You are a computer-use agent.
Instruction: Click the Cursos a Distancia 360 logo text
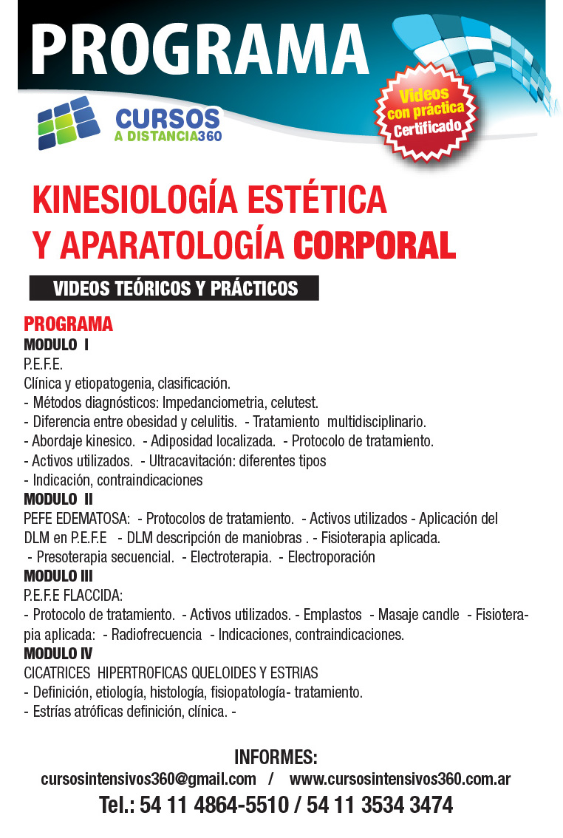(x=168, y=124)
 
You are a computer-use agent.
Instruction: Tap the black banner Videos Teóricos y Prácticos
(x=174, y=288)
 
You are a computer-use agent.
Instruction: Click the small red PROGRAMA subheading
(x=68, y=324)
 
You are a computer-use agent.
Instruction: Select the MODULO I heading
(x=56, y=344)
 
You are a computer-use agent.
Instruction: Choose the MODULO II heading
(x=58, y=499)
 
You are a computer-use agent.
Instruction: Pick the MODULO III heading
(x=58, y=576)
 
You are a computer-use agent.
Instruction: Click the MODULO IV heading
(x=58, y=653)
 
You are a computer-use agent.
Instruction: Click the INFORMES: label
(x=276, y=757)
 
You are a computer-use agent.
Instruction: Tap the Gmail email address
(x=149, y=779)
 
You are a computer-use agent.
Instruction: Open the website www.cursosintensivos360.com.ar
(x=400, y=779)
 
